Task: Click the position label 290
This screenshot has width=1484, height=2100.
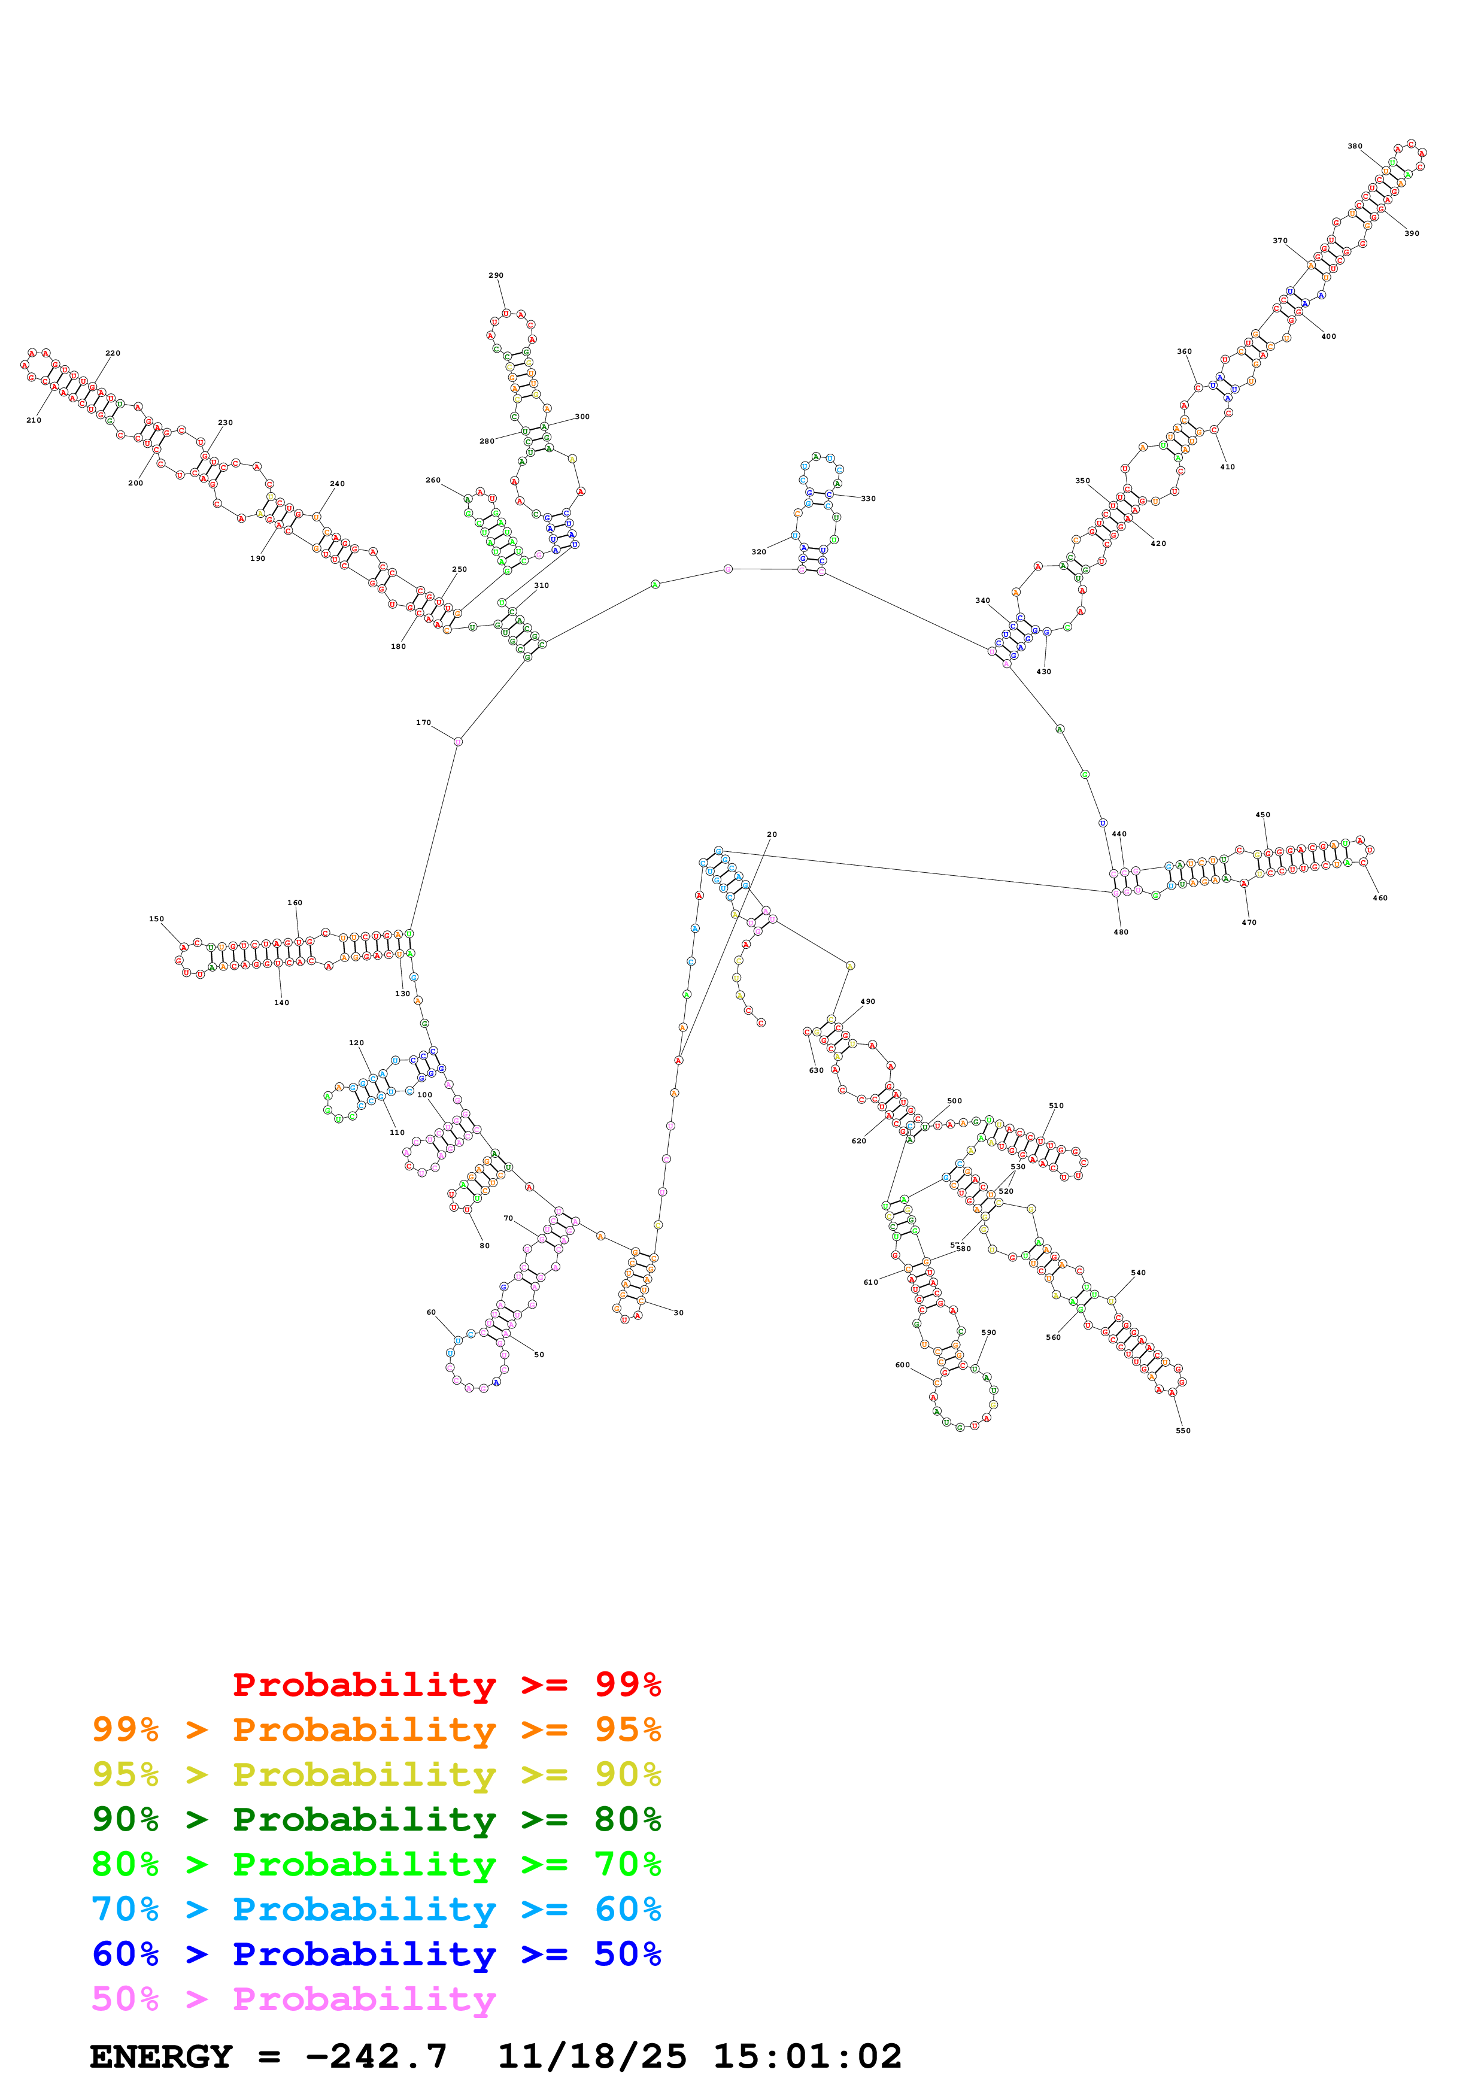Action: [x=496, y=275]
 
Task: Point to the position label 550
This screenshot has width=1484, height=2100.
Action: [x=1182, y=1431]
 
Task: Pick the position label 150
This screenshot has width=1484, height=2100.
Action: [x=156, y=919]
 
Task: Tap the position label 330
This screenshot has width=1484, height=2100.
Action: [x=868, y=499]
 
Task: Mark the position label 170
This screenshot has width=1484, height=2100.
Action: [x=423, y=723]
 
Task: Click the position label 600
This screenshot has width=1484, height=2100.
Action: [x=903, y=1365]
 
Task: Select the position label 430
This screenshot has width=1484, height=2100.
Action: [x=1043, y=671]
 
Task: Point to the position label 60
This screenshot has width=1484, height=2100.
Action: [x=432, y=1312]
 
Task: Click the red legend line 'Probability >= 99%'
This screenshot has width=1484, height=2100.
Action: [x=446, y=1685]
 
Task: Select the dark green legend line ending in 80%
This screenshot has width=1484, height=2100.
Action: [x=376, y=1819]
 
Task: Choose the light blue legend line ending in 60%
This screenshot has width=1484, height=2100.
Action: [x=376, y=1909]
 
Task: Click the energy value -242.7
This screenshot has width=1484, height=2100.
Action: [x=376, y=2057]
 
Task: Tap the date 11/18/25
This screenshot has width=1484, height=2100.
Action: [x=591, y=2057]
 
